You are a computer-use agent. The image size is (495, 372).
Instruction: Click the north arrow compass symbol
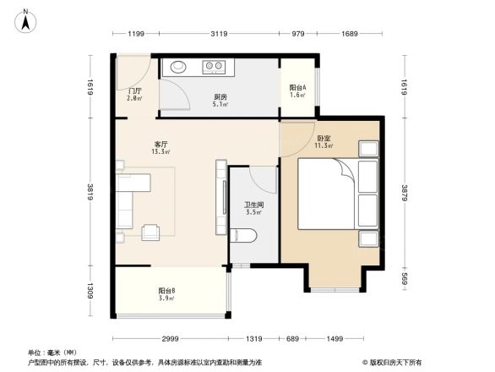pyautogui.click(x=26, y=19)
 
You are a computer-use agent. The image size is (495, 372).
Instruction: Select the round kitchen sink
pyautogui.click(x=180, y=66)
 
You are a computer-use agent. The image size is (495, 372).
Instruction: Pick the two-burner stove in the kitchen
pyautogui.click(x=213, y=66)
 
